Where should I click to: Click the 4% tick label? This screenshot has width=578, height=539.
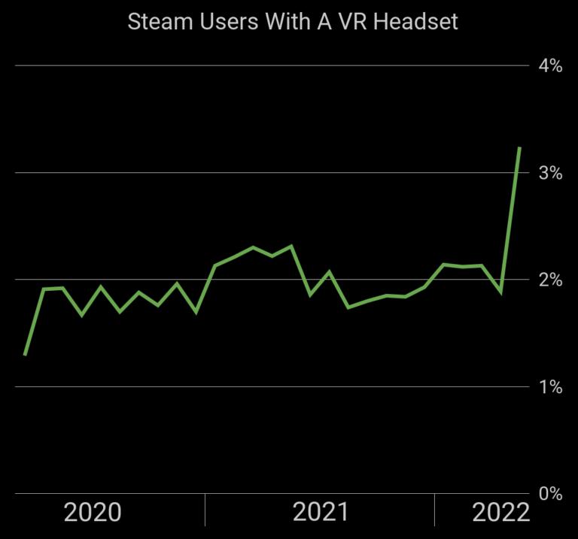coord(550,66)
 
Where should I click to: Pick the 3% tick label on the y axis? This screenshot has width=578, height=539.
coord(550,174)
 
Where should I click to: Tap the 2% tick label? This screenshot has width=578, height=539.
coord(550,280)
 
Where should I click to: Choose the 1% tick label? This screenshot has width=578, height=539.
coord(550,388)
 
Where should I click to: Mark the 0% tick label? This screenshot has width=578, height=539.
coord(550,494)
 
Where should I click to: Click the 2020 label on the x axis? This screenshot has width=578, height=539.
coord(93,513)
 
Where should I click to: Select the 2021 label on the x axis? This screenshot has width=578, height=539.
coord(321,513)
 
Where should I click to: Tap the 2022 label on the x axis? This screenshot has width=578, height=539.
coord(500,513)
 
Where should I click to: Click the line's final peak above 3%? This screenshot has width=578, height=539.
coord(519,148)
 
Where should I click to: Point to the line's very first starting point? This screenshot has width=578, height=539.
coord(25,354)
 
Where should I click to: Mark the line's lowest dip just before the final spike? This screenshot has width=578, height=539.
coord(500,292)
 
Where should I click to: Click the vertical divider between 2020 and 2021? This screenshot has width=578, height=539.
coord(205,510)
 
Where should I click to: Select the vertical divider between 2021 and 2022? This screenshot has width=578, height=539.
coord(434,510)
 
